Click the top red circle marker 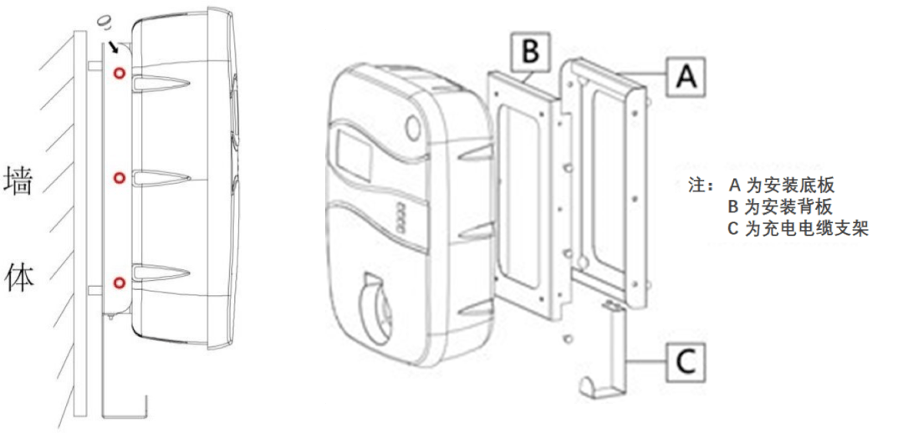[120, 73]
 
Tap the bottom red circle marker [120, 283]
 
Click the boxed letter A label [686, 75]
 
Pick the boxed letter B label [530, 51]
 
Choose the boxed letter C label [686, 363]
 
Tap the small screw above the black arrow [105, 23]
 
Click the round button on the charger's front [414, 126]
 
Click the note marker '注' [696, 186]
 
